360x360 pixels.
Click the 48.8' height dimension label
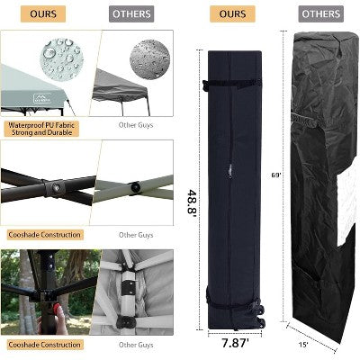click(192, 202)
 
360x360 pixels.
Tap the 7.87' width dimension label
click(235, 343)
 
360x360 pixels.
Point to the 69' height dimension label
click(276, 175)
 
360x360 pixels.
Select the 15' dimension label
click(303, 345)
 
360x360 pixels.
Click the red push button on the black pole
click(57, 309)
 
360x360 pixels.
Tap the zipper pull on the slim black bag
click(230, 170)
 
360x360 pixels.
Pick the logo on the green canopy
click(43, 97)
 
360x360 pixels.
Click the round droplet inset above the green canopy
click(61, 58)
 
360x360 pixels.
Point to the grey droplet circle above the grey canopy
click(149, 59)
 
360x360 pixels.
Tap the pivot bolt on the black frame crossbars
click(55, 188)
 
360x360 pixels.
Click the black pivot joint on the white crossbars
click(135, 187)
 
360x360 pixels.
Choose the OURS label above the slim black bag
click(232, 13)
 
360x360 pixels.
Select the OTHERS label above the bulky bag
click(321, 13)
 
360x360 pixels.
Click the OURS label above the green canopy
click(43, 13)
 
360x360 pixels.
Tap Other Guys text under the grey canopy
click(136, 125)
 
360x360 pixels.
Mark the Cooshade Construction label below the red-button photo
click(45, 345)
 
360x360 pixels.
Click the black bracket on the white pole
click(130, 288)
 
